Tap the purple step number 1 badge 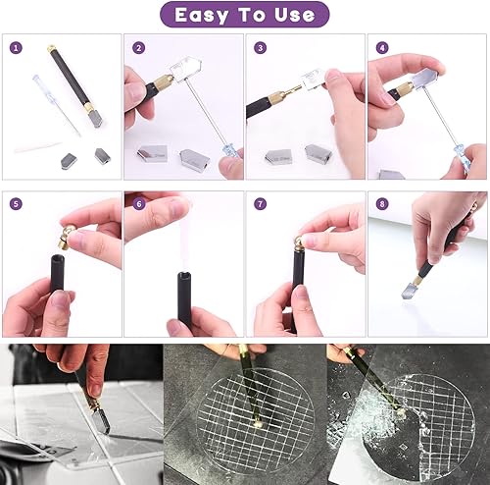(16, 48)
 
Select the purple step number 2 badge (138, 48)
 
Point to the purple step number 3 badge (260, 48)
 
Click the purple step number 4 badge (382, 48)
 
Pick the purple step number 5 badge (16, 204)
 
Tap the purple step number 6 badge (139, 204)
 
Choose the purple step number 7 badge (260, 204)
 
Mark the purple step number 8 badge (382, 204)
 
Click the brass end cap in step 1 (52, 49)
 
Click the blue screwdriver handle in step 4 (462, 157)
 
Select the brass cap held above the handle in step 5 (67, 237)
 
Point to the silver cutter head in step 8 (410, 289)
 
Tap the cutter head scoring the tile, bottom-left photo (101, 420)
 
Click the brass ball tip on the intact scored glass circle (259, 424)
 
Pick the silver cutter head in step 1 (96, 118)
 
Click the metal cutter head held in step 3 (313, 80)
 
